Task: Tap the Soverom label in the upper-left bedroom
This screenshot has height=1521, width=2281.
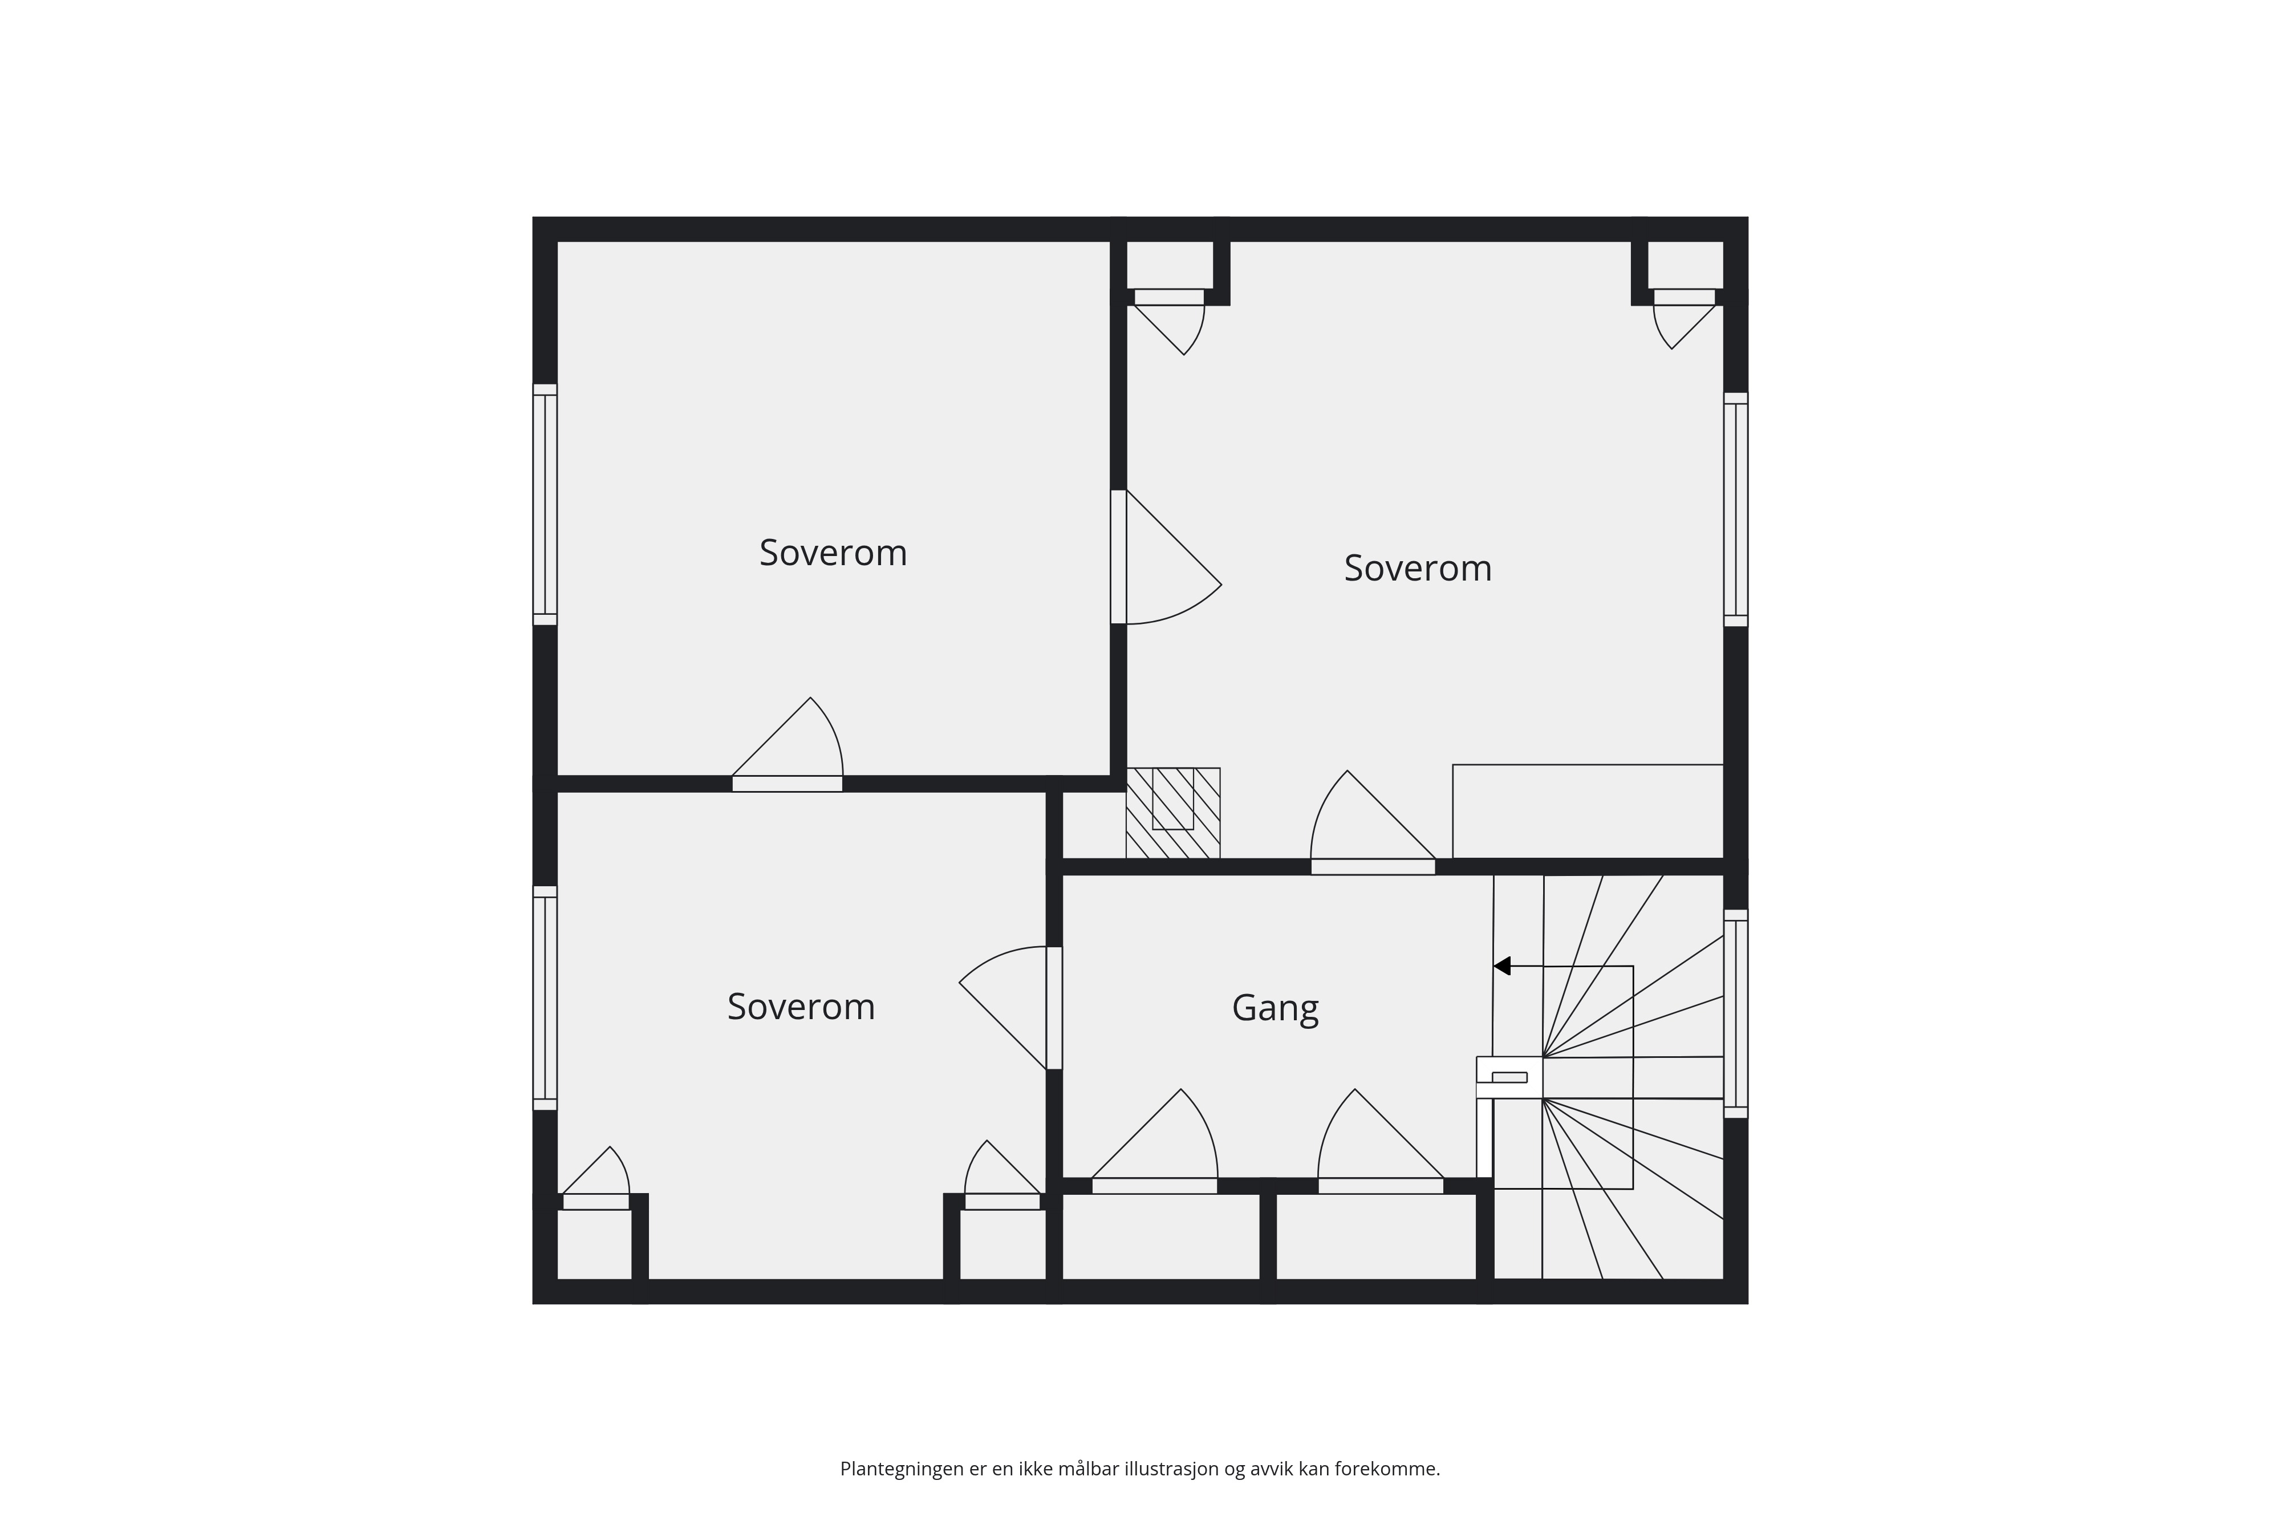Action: click(x=833, y=553)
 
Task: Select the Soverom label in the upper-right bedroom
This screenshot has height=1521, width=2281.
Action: click(x=1418, y=569)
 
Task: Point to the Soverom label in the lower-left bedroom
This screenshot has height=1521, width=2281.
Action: click(x=801, y=1007)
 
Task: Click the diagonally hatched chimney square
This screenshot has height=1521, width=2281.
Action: click(x=1172, y=813)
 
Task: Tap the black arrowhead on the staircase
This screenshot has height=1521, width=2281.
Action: click(x=1502, y=966)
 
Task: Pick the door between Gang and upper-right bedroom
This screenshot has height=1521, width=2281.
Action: click(x=1372, y=822)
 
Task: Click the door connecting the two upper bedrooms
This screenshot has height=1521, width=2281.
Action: click(x=1166, y=557)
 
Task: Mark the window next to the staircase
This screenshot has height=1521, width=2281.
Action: click(x=1735, y=1013)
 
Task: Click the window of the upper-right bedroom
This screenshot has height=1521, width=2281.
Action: click(x=1735, y=509)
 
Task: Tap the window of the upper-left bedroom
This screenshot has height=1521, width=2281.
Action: click(x=545, y=504)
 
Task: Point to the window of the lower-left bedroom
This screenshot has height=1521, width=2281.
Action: click(x=545, y=997)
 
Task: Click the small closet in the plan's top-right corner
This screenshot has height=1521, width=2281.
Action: click(x=1686, y=264)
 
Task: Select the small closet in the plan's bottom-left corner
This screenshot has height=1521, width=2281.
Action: click(x=595, y=1244)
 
